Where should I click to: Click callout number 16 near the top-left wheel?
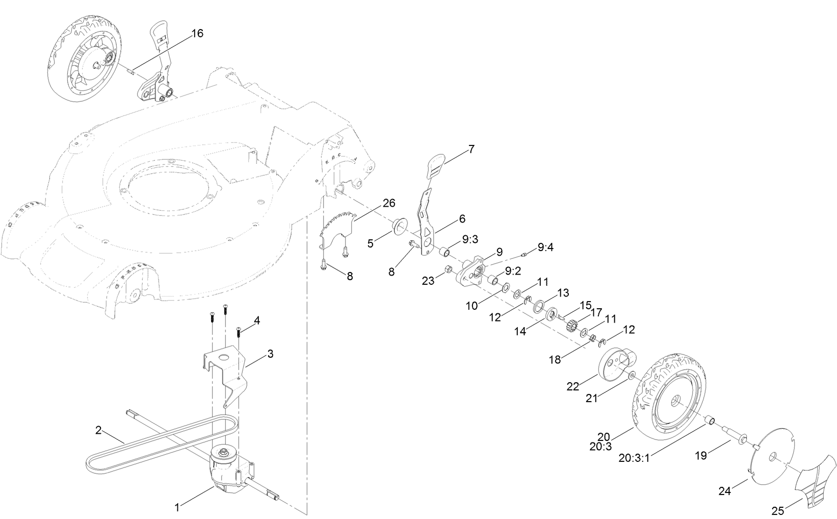pyautogui.click(x=197, y=34)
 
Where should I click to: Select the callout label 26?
pyautogui.click(x=389, y=203)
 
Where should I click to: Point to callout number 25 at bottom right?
pyautogui.click(x=778, y=510)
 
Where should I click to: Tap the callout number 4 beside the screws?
pyautogui.click(x=257, y=320)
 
